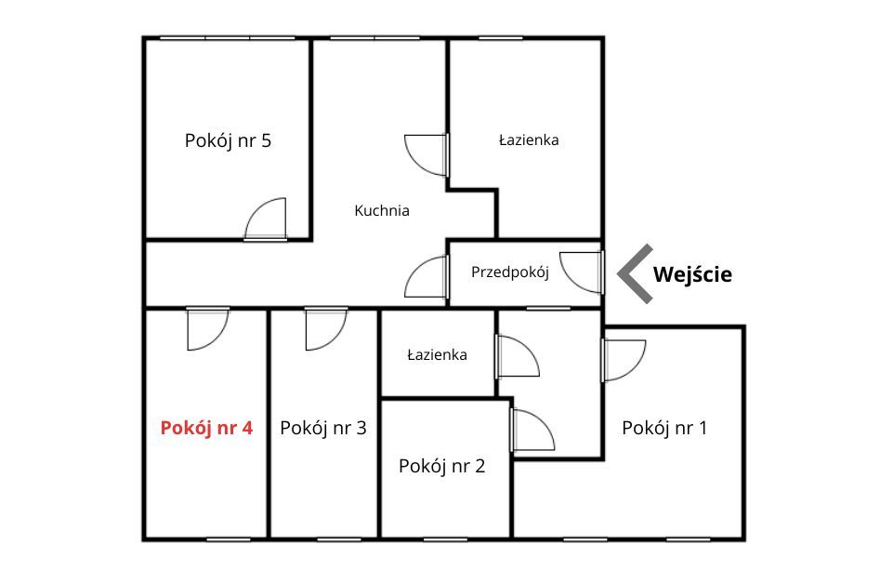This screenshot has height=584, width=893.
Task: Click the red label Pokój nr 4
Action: click(206, 428)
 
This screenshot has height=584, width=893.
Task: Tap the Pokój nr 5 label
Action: click(228, 140)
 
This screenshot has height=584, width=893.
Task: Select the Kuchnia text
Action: click(382, 211)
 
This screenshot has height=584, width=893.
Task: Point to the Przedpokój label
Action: click(510, 272)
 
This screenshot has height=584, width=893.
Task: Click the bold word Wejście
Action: click(692, 274)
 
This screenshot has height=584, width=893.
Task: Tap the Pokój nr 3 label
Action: click(323, 428)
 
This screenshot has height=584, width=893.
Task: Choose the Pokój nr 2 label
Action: click(442, 466)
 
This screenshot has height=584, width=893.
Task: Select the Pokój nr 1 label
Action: click(664, 428)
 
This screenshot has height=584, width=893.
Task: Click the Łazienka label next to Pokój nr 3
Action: click(438, 355)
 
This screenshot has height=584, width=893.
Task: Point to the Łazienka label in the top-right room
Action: click(529, 140)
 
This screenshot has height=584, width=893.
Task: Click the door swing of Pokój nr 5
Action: click(266, 219)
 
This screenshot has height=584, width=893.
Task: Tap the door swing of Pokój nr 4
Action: click(208, 329)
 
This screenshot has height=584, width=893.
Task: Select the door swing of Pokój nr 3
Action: click(326, 329)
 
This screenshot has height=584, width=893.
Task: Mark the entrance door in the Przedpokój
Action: click(582, 272)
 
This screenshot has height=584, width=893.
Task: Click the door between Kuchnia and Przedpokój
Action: click(427, 277)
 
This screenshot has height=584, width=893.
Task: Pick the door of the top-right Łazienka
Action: click(427, 155)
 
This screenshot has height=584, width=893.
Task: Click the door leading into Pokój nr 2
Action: click(533, 431)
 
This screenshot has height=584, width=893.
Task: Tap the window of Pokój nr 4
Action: click(228, 539)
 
